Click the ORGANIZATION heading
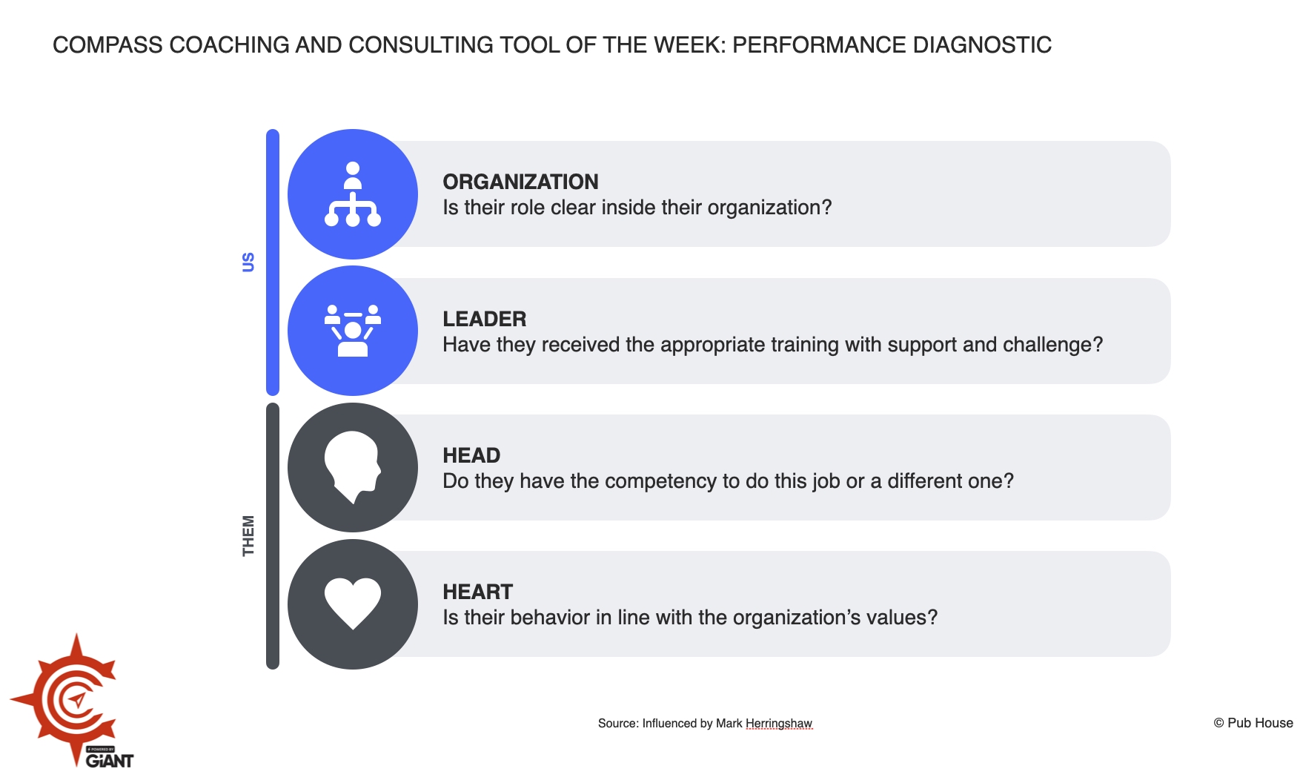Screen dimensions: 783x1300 pos(520,182)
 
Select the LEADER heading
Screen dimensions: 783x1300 pos(484,319)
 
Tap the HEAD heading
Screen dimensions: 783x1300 pos(471,455)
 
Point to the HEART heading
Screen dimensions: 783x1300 pos(477,592)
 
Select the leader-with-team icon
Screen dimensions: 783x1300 pos(353,331)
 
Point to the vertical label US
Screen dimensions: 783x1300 pos(248,262)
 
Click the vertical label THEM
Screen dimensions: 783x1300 pos(248,535)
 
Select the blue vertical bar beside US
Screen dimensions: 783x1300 pos(273,262)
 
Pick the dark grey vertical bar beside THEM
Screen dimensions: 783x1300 pos(273,535)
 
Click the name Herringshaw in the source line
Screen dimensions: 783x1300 pos(778,724)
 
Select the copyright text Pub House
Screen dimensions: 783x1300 pos(1260,723)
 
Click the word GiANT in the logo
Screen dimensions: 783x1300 pos(110,761)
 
